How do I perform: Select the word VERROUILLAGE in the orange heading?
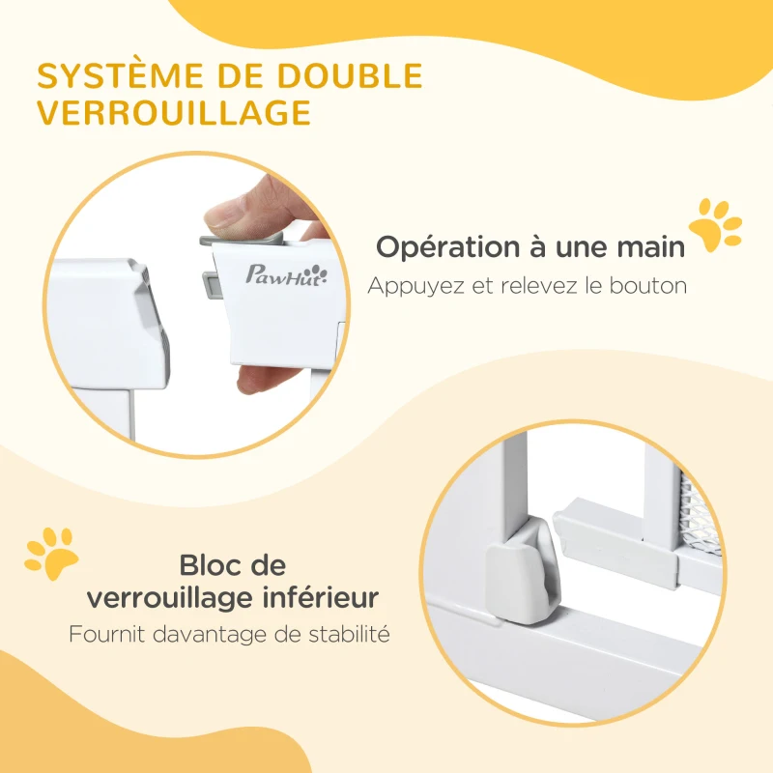coord(175,112)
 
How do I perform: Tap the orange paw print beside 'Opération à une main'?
coord(715,226)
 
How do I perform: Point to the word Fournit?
coord(104,635)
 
